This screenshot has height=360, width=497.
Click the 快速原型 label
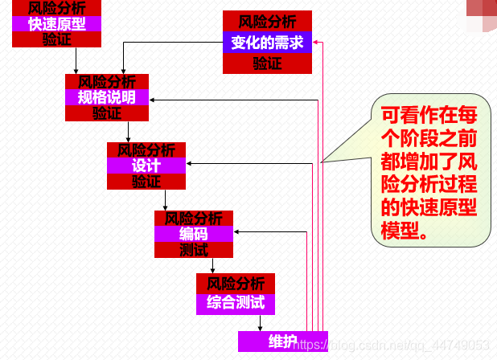tap(56, 23)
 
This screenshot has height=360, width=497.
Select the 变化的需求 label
tap(267, 43)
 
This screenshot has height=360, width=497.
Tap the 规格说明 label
tap(106, 97)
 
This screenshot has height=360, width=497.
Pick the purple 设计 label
tap(146, 166)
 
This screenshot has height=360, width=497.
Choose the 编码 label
tap(193, 234)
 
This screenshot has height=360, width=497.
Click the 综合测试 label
tap(235, 304)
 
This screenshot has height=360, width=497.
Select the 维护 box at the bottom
tap(283, 342)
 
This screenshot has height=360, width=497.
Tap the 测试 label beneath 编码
tap(193, 251)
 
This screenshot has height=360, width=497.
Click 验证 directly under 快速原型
tap(56, 39)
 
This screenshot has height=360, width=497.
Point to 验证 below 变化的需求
tap(267, 64)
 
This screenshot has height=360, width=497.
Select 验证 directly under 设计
tap(146, 182)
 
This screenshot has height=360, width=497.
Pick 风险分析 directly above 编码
tap(193, 218)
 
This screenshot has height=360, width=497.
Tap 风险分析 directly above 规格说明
tap(106, 81)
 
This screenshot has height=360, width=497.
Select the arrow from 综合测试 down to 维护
tap(260, 322)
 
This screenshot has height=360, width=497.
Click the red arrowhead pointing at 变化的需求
tap(318, 43)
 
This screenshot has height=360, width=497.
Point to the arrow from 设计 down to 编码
tap(165, 200)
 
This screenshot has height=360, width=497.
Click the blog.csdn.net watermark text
tap(394, 345)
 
